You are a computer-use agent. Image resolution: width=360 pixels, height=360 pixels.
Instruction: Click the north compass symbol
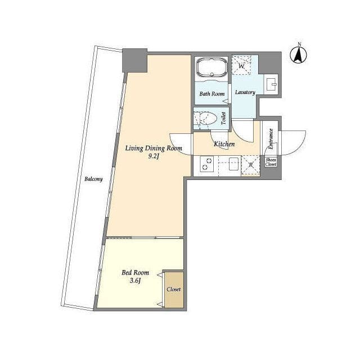pos(299,54)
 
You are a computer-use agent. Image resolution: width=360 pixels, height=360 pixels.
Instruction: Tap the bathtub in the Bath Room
pos(212,67)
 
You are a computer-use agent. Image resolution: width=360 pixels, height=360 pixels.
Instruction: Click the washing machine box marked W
pos(241,65)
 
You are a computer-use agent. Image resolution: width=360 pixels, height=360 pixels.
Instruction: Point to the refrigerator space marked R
pos(250,166)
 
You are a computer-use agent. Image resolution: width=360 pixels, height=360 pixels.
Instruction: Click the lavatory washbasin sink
pos(271,84)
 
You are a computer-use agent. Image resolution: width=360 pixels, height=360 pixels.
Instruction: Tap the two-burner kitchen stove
pos(206,164)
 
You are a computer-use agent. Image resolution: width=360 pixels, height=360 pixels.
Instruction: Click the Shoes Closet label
pos(271,162)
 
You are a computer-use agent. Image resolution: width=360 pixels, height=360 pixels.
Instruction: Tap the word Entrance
pos(271,139)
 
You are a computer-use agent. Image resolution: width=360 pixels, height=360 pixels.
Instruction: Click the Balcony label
pos(93,179)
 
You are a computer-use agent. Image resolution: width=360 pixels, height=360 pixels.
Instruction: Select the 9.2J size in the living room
pos(154,156)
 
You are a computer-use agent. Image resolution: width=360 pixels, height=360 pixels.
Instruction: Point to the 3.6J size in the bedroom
pos(135,280)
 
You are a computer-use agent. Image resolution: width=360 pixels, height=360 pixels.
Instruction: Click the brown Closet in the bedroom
pos(174,290)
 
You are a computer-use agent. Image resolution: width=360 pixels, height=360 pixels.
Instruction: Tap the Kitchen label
pos(224,144)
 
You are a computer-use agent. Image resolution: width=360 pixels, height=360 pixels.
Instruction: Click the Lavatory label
pos(245,92)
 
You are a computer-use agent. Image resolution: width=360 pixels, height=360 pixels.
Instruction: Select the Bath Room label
pos(212,94)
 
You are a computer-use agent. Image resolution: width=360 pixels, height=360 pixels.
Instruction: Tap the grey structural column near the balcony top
pos(135,60)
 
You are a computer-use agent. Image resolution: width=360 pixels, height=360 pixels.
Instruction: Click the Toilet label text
pos(224,119)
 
